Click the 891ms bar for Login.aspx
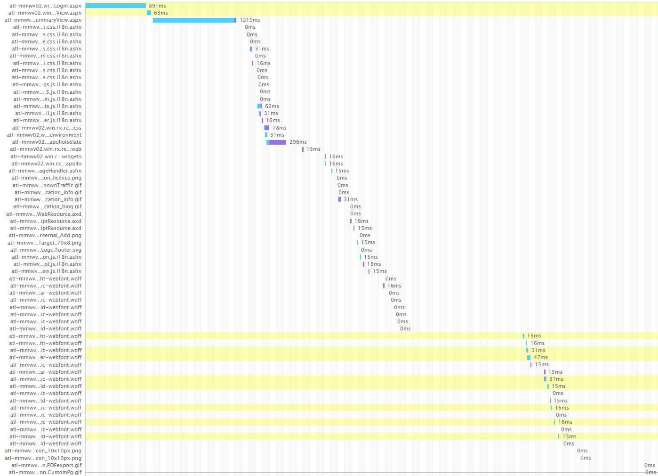115,6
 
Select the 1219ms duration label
249,20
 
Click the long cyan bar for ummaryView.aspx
193,20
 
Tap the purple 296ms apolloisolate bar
277,142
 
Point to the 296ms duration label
298,142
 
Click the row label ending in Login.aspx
45,6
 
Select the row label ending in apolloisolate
47,142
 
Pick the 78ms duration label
279,128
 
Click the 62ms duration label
272,106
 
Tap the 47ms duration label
540,357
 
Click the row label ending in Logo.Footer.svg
46,250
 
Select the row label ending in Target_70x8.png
44,243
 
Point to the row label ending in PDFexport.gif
46,465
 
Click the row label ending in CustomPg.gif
45,472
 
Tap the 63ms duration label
160,13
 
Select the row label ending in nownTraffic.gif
47,185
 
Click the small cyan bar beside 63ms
149,13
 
